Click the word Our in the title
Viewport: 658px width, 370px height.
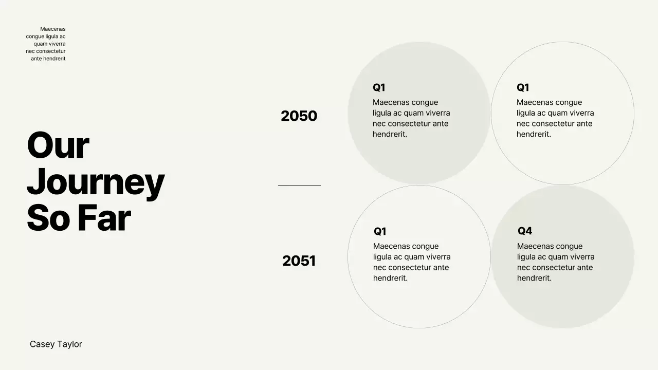point(58,145)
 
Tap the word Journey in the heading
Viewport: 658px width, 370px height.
point(96,182)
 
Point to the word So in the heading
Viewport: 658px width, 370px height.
point(48,218)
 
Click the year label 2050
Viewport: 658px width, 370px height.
point(299,116)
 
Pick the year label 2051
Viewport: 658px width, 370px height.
point(299,261)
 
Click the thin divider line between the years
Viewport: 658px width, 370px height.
point(299,186)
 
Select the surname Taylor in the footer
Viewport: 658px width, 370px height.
point(69,344)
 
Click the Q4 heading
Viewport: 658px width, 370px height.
point(525,231)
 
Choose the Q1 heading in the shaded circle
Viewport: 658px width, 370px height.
point(379,87)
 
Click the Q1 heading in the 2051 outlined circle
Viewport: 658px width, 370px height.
point(380,231)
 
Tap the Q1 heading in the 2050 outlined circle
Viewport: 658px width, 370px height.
point(523,87)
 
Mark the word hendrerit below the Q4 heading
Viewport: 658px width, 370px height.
point(534,278)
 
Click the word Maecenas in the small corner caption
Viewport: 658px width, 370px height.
point(53,29)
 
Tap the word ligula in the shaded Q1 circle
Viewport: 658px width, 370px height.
point(382,113)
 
